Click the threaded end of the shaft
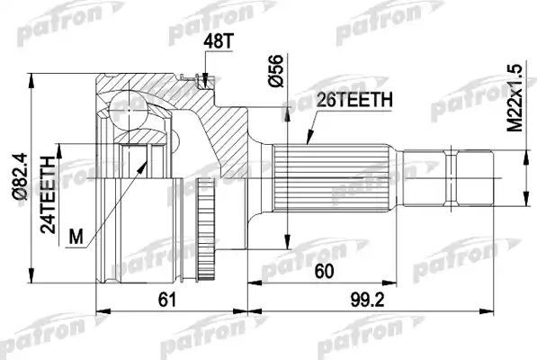(476, 173)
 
